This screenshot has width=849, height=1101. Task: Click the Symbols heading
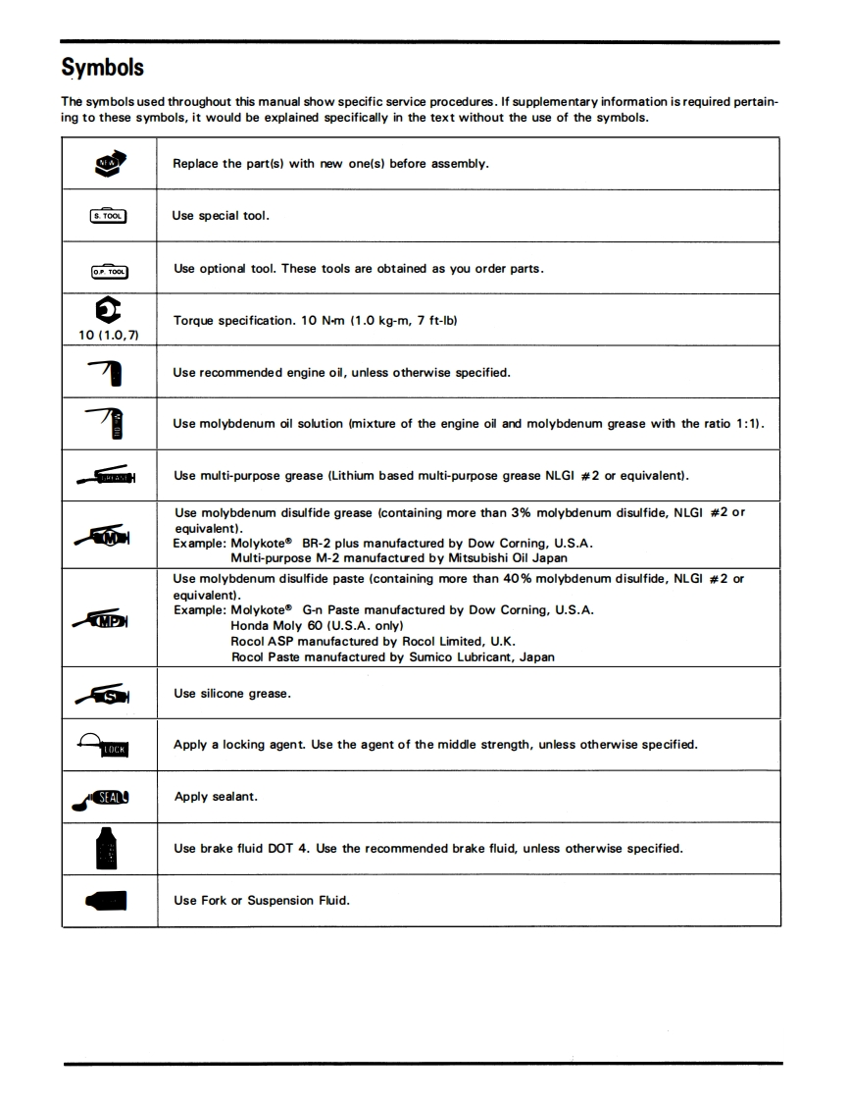click(x=102, y=68)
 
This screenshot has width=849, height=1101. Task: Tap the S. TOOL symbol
click(x=109, y=216)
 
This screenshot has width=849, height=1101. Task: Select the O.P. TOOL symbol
click(x=109, y=269)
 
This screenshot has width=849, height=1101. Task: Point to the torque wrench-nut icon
click(x=109, y=310)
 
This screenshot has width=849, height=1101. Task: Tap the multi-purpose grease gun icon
click(x=105, y=477)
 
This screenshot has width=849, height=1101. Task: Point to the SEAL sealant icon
click(x=104, y=798)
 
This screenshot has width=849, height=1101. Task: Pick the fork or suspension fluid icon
click(x=107, y=901)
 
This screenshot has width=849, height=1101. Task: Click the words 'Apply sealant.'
click(x=216, y=797)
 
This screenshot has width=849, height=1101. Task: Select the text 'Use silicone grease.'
click(x=231, y=694)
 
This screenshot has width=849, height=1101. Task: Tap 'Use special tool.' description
click(x=221, y=216)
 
